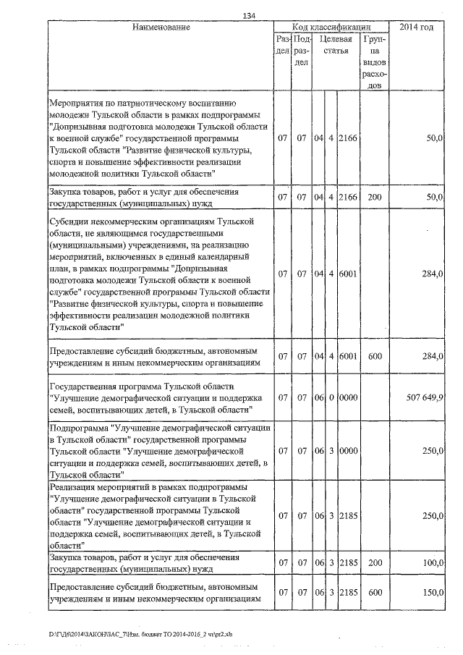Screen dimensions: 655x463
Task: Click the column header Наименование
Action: [x=161, y=28]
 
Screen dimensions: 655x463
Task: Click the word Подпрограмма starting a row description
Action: [x=79, y=429]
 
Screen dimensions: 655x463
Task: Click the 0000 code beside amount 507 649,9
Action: [x=349, y=397]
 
